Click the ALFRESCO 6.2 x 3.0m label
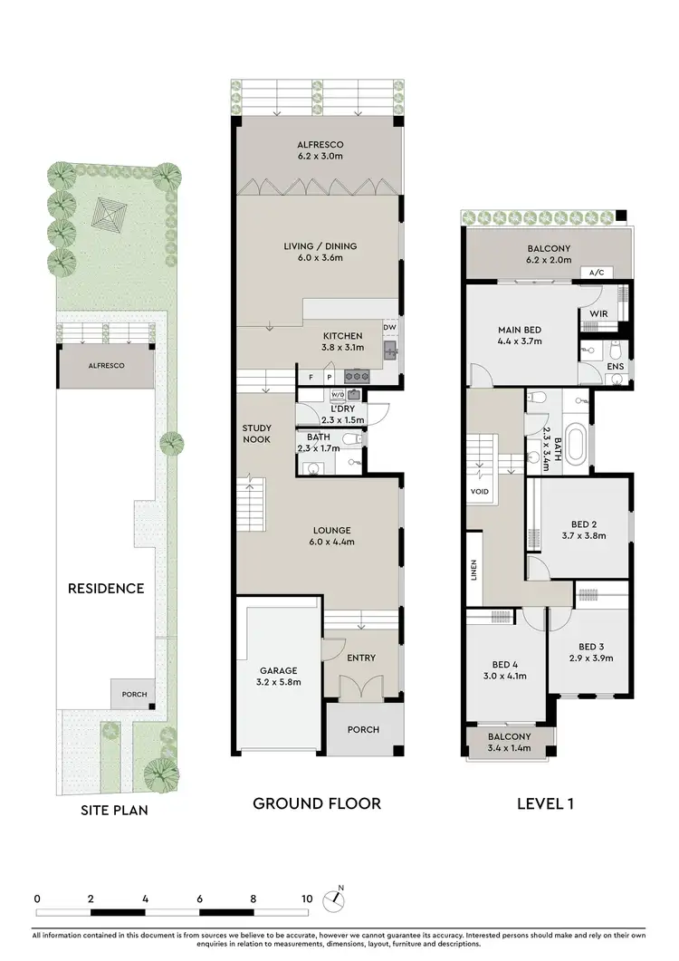(320, 150)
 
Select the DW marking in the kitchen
(389, 328)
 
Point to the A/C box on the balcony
(596, 272)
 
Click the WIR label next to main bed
(599, 313)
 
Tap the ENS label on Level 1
(617, 367)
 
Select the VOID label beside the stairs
(480, 492)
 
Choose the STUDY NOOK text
(257, 435)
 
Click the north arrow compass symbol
(337, 897)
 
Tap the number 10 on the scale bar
(307, 899)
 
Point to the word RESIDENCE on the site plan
(106, 589)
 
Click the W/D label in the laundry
(338, 395)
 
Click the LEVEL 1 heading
(545, 802)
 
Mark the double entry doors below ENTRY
(361, 686)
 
